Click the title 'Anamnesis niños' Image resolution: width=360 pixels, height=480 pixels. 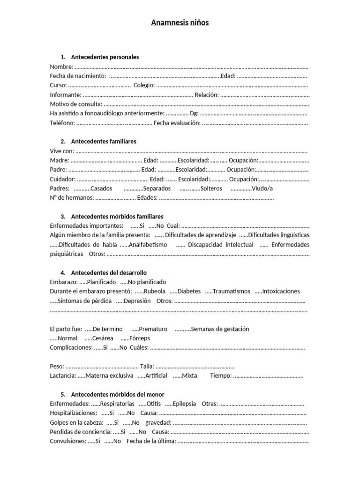(180, 22)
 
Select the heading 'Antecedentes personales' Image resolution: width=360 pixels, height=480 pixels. (105, 57)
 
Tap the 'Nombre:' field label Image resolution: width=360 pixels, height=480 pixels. (61, 67)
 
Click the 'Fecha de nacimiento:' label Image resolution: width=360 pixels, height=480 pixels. (77, 76)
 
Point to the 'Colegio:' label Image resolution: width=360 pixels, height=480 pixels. (143, 85)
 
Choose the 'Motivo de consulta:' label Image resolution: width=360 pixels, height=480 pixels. (75, 104)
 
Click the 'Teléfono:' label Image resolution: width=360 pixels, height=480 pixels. (62, 123)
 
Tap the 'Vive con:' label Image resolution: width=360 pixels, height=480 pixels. (61, 150)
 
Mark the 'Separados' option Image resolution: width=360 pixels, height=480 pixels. (157, 188)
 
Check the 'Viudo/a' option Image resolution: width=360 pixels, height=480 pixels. (262, 188)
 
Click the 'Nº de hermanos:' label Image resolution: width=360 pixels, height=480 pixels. (72, 198)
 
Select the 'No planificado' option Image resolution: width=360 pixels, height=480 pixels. (147, 282)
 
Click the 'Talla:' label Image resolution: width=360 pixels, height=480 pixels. (147, 367)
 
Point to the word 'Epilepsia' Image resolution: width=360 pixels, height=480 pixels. (184, 404)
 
